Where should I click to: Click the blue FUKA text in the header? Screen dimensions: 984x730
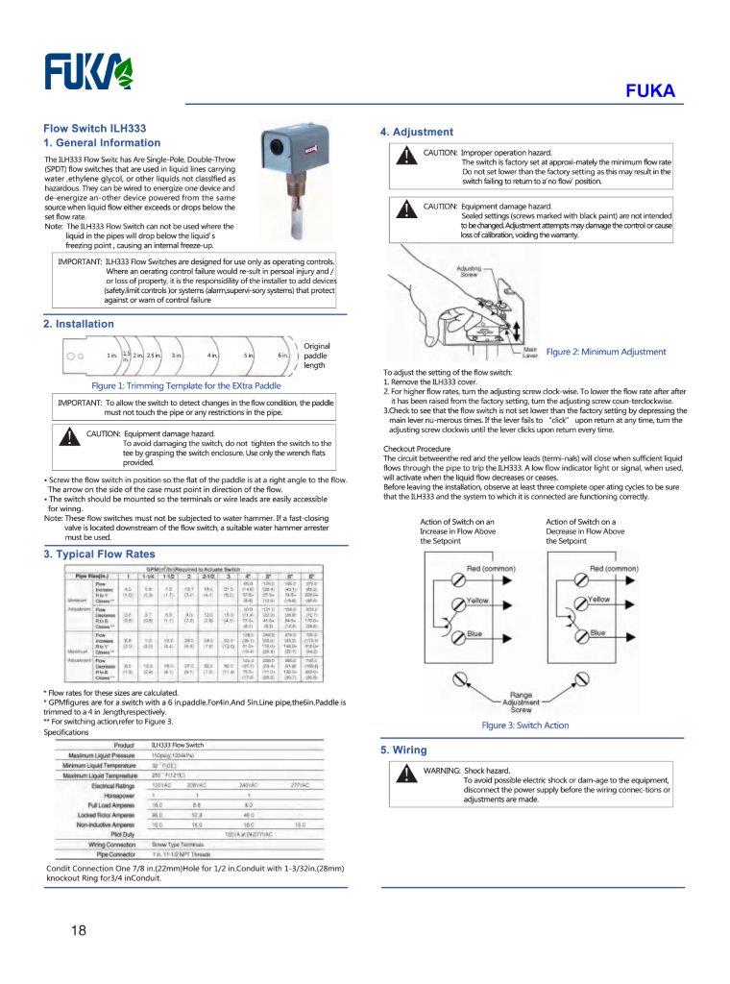650,92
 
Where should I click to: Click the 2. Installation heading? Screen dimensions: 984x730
79,324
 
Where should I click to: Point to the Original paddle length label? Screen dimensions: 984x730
316,356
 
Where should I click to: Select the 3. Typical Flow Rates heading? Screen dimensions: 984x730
99,554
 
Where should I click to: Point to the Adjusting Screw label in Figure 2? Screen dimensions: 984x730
468,271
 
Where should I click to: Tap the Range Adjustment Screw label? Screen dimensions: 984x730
521,700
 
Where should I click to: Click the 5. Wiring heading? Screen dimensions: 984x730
404,750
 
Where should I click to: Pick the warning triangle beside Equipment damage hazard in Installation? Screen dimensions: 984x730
68,438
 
